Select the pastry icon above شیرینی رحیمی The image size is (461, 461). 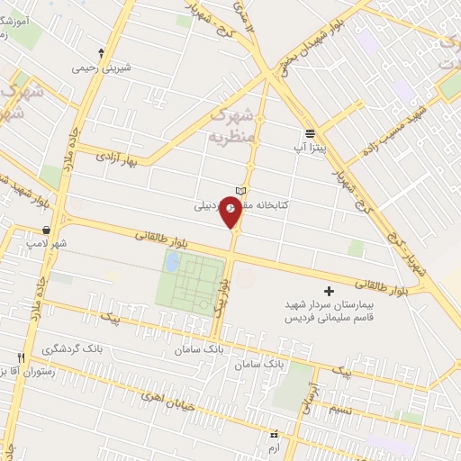(101, 52)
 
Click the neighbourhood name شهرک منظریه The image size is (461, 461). (235, 126)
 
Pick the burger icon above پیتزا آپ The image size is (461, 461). (309, 131)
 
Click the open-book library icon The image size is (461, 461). (240, 191)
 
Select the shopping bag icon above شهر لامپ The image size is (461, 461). (44, 230)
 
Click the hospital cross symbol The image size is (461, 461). (328, 291)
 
